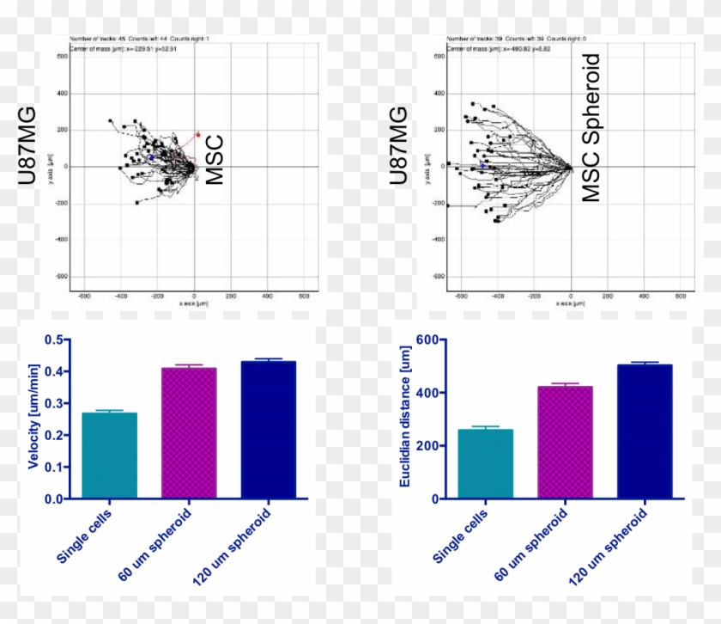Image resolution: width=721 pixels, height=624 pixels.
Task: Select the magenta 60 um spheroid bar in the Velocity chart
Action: (x=190, y=433)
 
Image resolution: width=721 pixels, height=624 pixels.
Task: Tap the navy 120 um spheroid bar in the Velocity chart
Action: (x=269, y=430)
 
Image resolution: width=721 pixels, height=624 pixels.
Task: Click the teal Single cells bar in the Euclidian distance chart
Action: (x=486, y=464)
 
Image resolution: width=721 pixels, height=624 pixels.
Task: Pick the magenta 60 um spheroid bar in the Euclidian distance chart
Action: (x=565, y=443)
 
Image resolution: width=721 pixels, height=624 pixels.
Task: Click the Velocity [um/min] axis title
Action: (x=33, y=416)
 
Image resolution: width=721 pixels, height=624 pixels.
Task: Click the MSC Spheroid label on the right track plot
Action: (x=592, y=129)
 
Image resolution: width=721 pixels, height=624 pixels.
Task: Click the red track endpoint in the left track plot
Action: (x=198, y=134)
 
